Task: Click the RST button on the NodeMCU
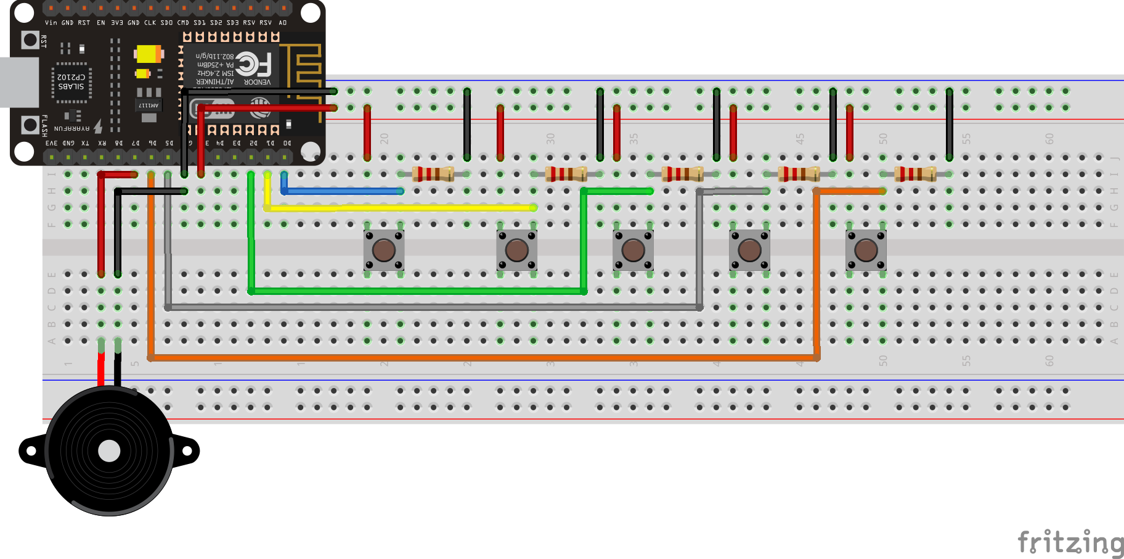pos(30,40)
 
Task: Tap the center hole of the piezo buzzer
pos(109,451)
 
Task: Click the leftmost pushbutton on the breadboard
pos(384,251)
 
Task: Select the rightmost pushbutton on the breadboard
pos(866,251)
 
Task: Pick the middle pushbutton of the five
pos(633,251)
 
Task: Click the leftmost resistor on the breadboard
pos(433,174)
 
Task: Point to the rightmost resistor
pos(915,174)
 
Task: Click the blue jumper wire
pos(342,191)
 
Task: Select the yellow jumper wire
pos(401,208)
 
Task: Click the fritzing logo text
pos(1070,543)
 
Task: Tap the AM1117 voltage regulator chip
pos(149,105)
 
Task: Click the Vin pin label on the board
pos(51,23)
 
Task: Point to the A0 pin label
pos(283,23)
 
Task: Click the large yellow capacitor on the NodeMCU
pos(148,54)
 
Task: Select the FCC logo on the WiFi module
pos(253,64)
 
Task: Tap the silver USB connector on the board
pos(18,82)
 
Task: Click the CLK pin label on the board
pos(150,23)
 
